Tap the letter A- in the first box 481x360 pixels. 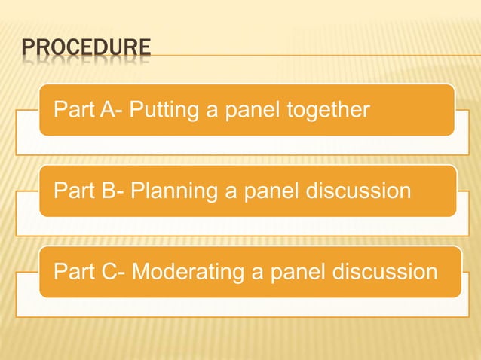(111, 111)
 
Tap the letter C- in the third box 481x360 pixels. (112, 272)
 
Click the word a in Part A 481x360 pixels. (213, 111)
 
